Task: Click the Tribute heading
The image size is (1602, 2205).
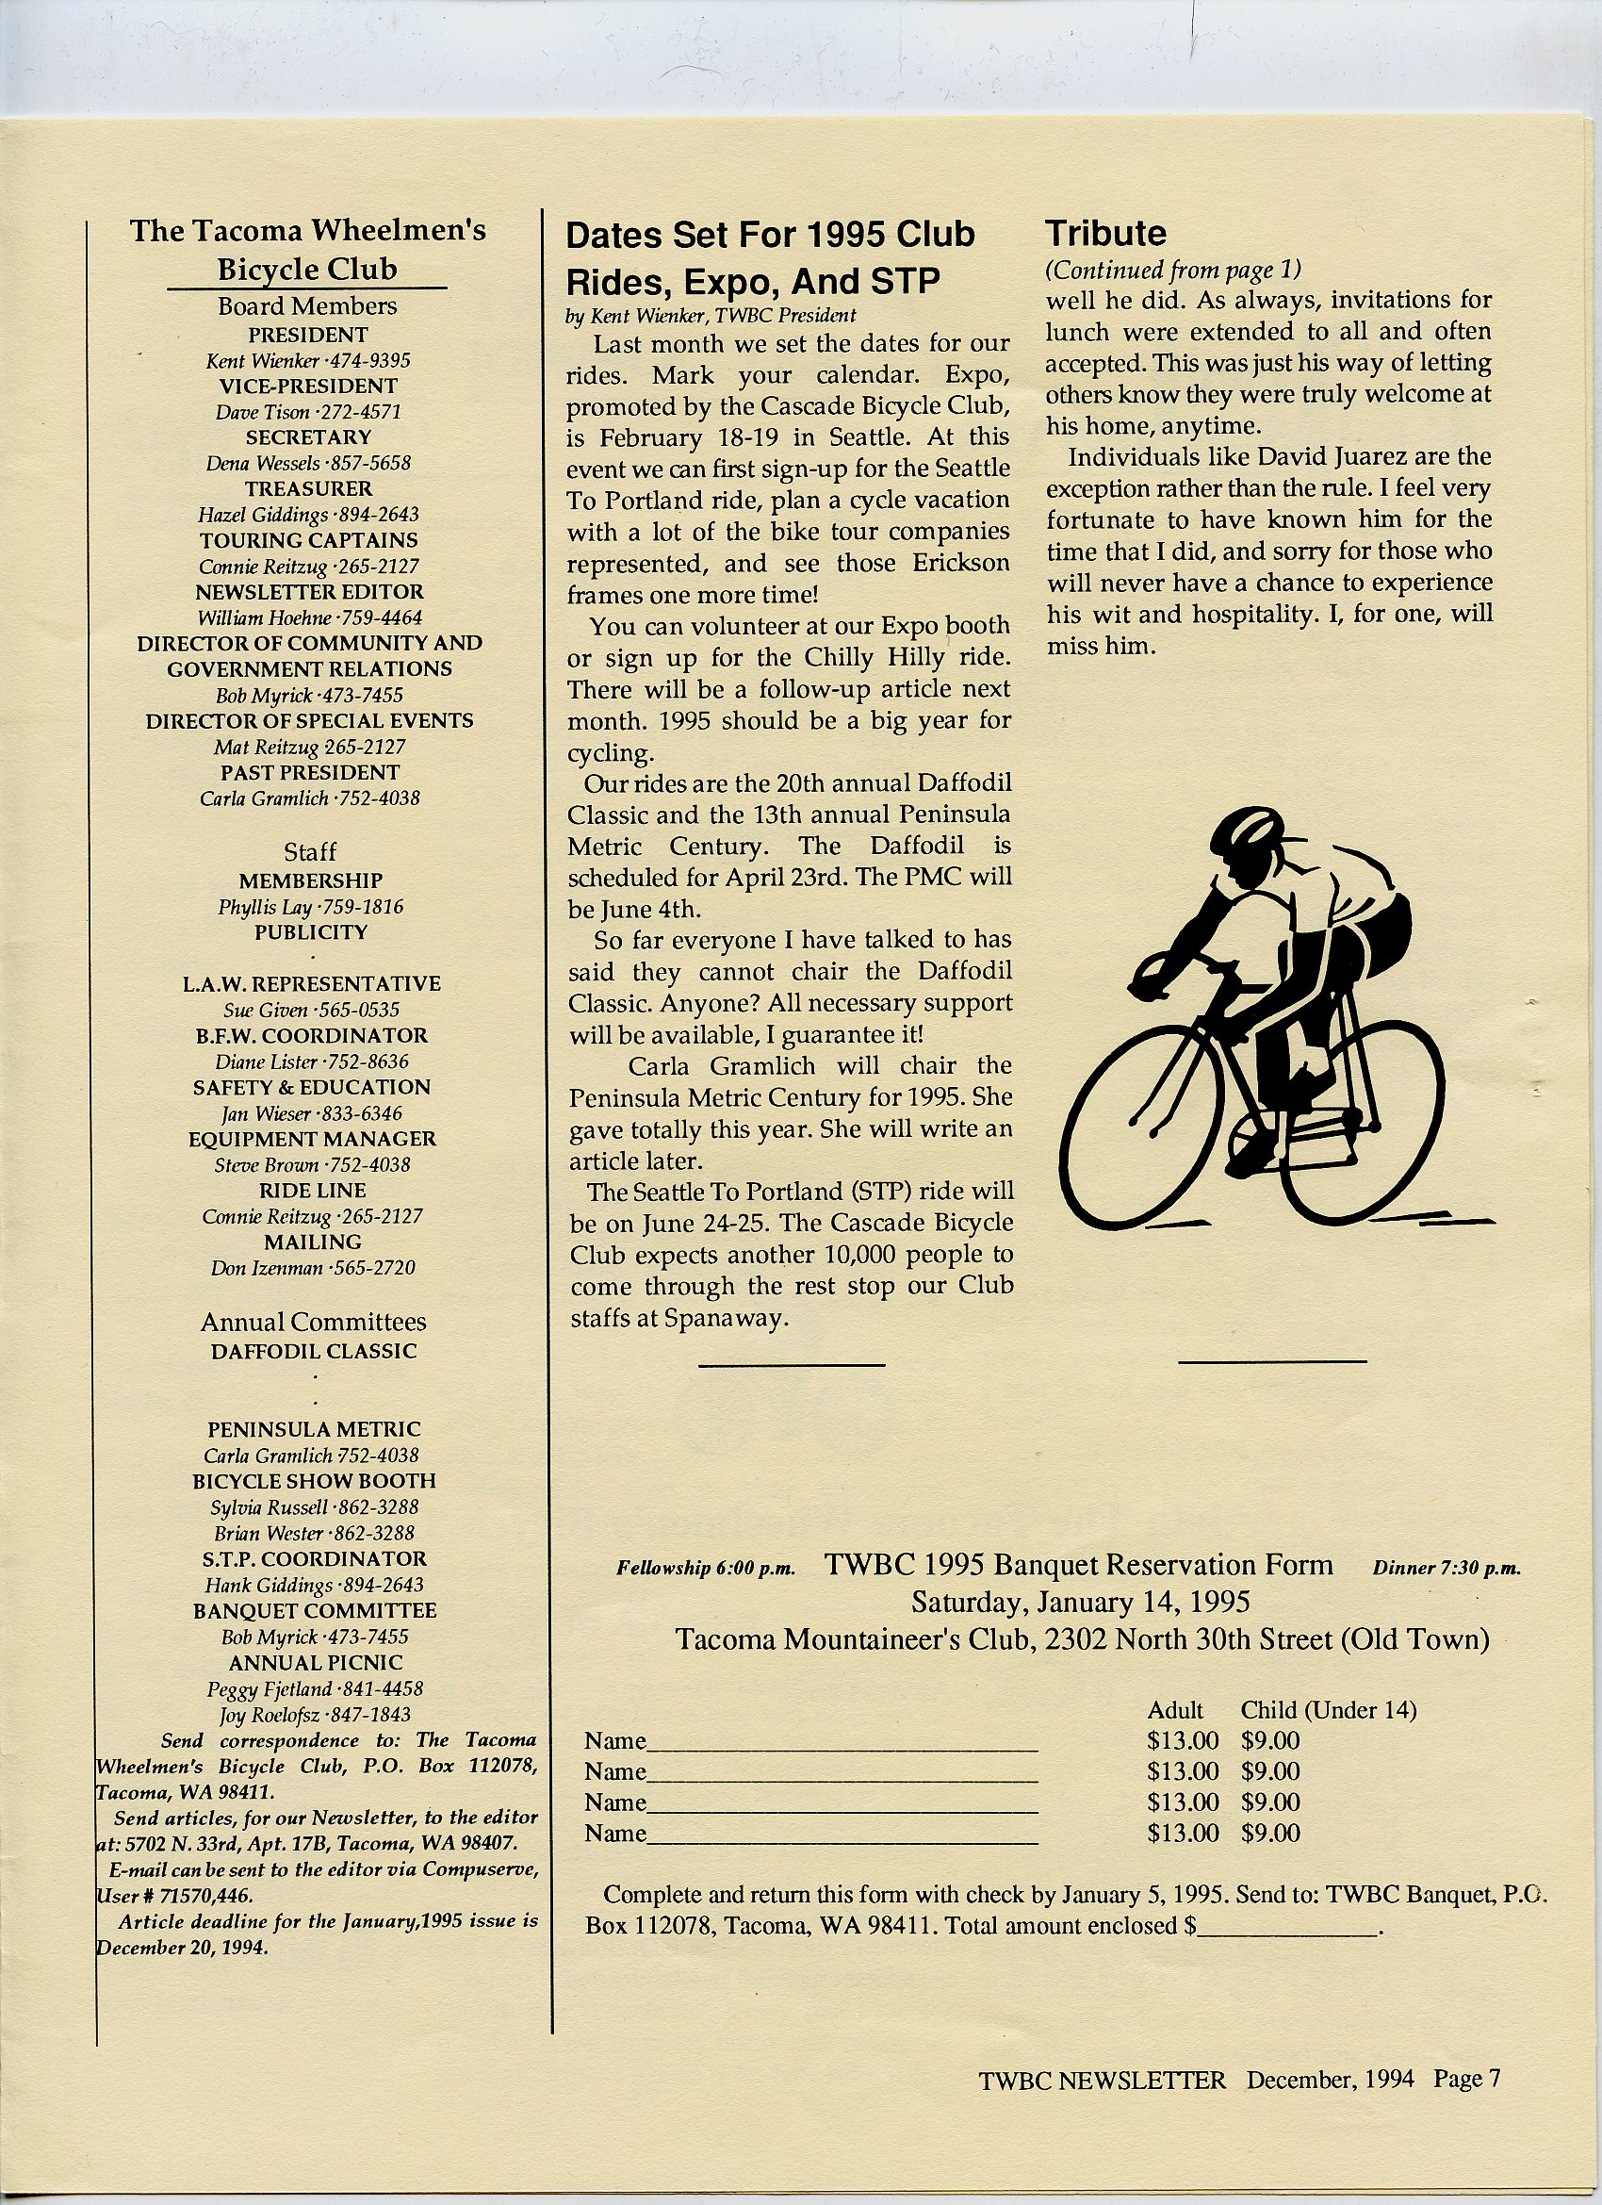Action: point(1105,234)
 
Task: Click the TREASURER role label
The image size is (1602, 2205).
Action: point(308,488)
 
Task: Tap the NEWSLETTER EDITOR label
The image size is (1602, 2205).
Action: point(309,591)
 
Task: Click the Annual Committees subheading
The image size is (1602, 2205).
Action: point(313,1323)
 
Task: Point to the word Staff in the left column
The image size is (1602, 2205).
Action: point(309,851)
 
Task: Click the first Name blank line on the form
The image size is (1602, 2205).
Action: point(842,1746)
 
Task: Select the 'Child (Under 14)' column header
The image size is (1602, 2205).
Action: point(1328,1709)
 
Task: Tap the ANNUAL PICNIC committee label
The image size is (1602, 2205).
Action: point(315,1663)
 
